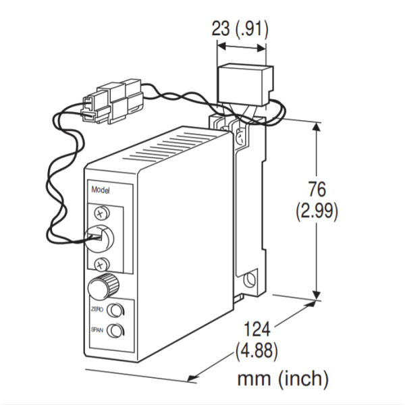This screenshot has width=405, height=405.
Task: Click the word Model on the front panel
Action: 101,190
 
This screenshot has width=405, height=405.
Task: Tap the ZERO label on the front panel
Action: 97,309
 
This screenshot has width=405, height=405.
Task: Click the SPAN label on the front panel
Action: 97,329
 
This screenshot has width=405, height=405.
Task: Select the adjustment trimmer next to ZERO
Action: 115,310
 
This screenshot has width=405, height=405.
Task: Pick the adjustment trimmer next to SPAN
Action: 115,331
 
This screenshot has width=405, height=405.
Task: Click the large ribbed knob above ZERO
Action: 103,286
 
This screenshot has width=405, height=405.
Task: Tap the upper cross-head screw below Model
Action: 102,213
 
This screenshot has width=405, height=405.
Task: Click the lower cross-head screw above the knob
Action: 102,264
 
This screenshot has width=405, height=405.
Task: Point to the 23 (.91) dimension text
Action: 240,28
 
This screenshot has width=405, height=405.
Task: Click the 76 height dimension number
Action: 317,189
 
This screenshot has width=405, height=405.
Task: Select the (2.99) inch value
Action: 317,211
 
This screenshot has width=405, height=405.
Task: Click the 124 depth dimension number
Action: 257,329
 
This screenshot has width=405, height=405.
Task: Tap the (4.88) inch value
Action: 256,350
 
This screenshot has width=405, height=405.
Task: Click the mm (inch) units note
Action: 283,378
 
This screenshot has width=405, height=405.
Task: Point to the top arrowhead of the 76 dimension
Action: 317,127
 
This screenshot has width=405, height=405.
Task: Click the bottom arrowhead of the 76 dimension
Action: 317,295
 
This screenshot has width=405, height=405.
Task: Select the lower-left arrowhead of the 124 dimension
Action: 192,379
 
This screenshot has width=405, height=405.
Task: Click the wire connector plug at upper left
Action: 112,101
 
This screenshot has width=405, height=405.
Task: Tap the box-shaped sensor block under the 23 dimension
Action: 246,86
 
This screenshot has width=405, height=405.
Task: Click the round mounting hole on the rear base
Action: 250,279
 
